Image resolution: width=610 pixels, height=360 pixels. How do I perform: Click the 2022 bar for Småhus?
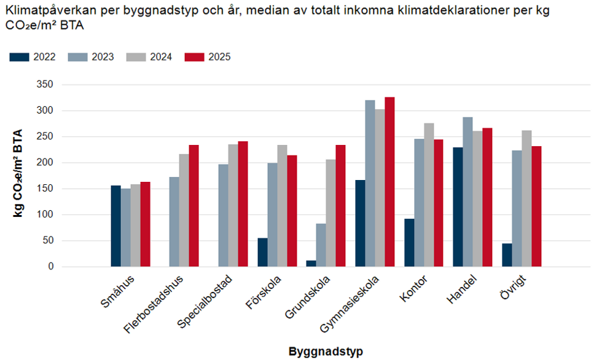[115, 226]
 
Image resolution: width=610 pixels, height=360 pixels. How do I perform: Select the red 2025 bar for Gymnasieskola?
[389, 182]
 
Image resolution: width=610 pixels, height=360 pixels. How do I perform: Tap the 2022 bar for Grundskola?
[311, 264]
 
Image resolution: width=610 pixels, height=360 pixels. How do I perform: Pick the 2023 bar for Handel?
[467, 192]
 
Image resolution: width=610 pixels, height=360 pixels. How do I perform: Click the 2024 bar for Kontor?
[429, 195]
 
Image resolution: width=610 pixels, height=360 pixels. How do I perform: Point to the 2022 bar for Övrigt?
[507, 255]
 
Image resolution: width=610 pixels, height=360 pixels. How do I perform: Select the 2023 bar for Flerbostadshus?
[174, 222]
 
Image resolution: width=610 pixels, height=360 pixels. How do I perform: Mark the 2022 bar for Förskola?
[262, 252]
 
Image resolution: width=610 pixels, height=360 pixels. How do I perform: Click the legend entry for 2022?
[34, 57]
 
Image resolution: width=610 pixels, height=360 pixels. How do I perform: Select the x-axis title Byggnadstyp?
[326, 352]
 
